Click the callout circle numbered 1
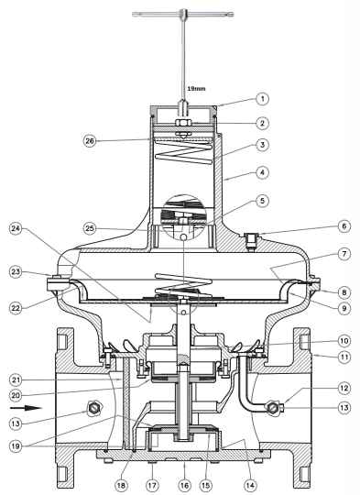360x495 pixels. point(262,99)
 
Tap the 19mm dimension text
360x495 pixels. point(196,88)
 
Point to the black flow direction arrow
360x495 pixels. point(26,408)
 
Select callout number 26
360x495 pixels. point(90,140)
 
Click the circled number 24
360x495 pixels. point(16,229)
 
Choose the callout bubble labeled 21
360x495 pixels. point(16,379)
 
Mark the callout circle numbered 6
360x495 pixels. point(344,226)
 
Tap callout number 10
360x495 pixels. point(344,341)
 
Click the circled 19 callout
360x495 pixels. point(16,446)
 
